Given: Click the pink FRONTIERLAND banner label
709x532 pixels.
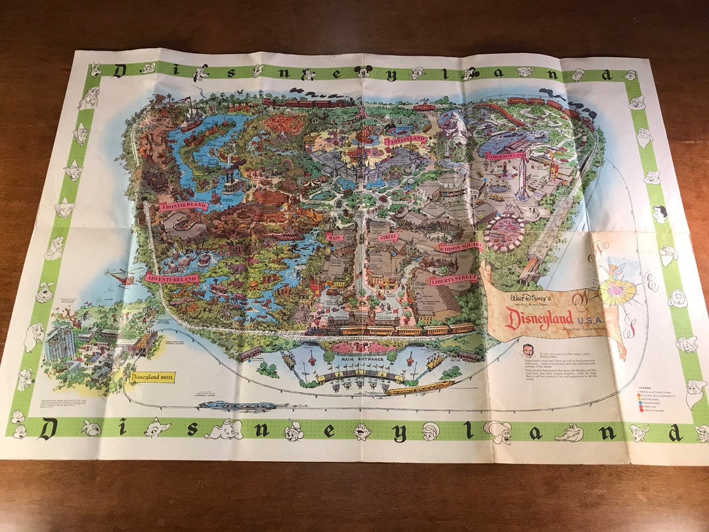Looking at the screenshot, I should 184,206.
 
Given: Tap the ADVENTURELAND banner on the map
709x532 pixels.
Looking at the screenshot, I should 173,278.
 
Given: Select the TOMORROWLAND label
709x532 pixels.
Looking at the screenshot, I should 507,156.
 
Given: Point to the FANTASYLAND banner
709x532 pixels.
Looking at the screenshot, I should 406,140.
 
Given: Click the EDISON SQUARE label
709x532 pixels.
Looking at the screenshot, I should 461,247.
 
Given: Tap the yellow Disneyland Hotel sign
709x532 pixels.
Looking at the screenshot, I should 152,377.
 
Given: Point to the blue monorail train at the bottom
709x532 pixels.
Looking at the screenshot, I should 236,406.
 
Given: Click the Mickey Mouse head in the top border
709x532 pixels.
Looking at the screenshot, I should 362,71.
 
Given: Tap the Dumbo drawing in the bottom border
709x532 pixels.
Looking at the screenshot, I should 224,430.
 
